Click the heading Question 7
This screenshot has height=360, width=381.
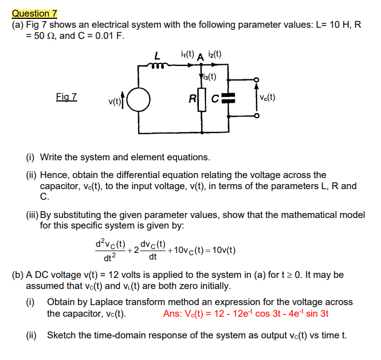(34, 13)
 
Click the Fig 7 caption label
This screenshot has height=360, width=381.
(66, 97)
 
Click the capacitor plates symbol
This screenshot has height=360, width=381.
(229, 100)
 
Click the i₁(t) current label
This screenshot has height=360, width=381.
(187, 54)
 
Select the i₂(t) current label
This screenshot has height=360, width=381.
(214, 54)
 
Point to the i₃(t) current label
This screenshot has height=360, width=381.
(209, 77)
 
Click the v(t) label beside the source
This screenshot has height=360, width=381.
(116, 101)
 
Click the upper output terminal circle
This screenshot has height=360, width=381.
(256, 79)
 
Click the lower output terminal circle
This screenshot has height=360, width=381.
(256, 116)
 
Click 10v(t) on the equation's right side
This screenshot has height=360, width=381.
(221, 250)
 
